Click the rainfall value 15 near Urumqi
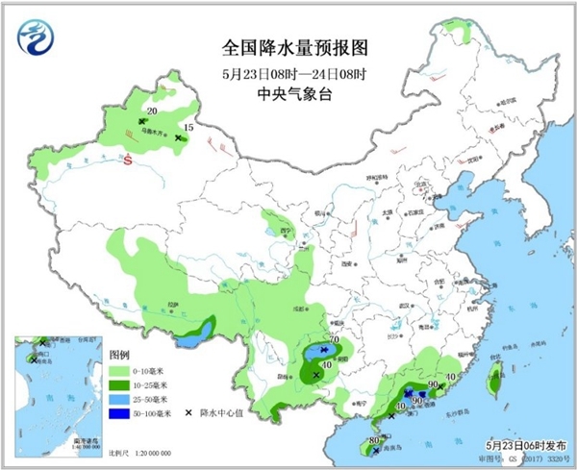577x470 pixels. coord(188,127)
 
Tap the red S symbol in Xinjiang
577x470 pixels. coord(126,161)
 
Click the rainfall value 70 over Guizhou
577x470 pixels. coord(335,340)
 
